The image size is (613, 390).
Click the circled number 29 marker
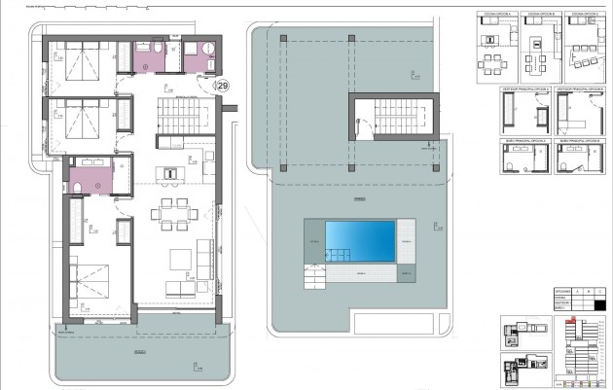tap(223, 87)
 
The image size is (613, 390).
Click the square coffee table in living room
tap(181, 259)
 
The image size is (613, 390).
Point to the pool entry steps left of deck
tap(315, 277)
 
